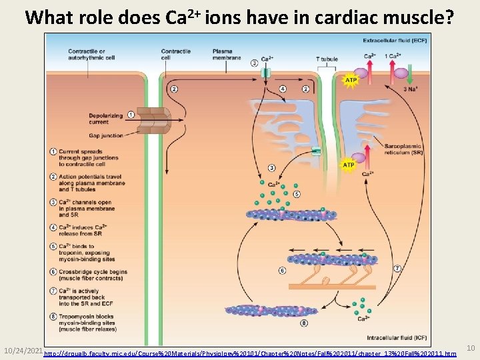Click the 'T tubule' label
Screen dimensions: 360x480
coord(327,59)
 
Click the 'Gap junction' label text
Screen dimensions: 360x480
coord(105,134)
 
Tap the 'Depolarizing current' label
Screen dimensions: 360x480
coord(105,119)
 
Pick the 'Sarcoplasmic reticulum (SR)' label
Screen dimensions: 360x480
coord(403,149)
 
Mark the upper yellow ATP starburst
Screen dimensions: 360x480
coord(350,81)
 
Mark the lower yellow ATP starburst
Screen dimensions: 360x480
coord(348,165)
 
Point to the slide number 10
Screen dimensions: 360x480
coord(470,348)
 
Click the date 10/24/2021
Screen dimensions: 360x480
coord(23,349)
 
